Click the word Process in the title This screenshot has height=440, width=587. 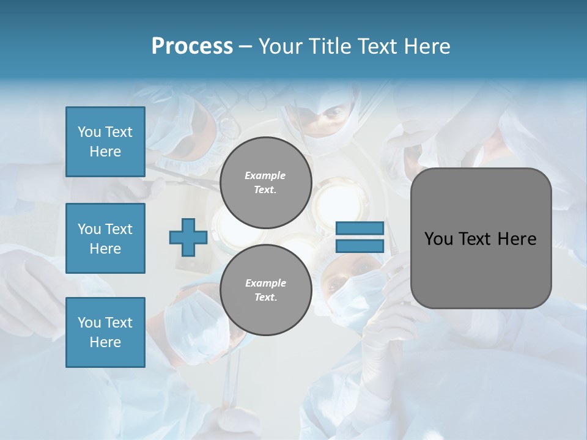(x=192, y=46)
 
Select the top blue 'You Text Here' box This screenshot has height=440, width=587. (x=105, y=142)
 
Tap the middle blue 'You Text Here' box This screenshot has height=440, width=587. (x=105, y=238)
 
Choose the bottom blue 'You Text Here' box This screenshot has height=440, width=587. (x=105, y=332)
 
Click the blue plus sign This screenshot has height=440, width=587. (x=188, y=237)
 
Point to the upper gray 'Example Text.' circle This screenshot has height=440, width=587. (x=265, y=183)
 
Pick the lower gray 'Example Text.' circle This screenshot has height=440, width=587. (x=265, y=290)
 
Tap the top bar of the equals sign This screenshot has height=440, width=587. (x=360, y=228)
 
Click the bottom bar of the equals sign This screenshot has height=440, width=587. (x=360, y=246)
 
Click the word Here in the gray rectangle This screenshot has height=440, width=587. (x=517, y=239)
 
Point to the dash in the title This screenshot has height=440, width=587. (x=245, y=47)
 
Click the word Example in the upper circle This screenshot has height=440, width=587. (x=265, y=175)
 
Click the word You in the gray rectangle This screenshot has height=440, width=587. (x=438, y=239)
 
